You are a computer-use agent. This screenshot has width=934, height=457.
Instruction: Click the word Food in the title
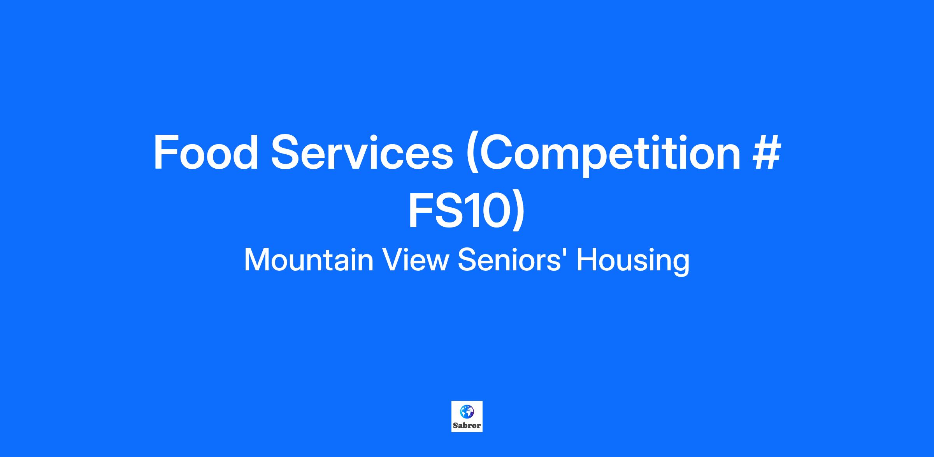[206, 152]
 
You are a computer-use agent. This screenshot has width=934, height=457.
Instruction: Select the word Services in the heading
[362, 152]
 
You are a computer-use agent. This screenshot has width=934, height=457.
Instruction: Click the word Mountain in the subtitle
[309, 260]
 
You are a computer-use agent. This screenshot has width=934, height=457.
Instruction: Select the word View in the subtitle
[416, 260]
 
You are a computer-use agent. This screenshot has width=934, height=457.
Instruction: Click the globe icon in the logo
[467, 411]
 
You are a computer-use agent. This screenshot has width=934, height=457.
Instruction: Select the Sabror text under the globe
[467, 425]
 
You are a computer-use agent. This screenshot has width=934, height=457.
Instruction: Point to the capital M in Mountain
[256, 260]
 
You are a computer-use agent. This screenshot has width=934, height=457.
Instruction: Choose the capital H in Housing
[586, 260]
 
